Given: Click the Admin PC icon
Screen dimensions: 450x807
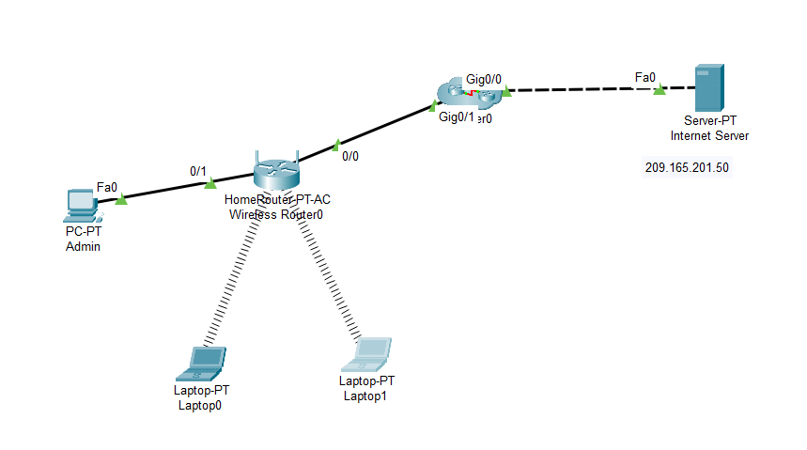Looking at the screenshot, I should click(82, 204).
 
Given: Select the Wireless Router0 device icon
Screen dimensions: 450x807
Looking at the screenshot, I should click(276, 171).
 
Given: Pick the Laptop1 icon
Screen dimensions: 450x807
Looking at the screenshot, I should click(370, 353).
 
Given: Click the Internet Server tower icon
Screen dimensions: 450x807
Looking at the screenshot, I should click(708, 89).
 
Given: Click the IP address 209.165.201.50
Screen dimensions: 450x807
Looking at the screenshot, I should click(687, 168).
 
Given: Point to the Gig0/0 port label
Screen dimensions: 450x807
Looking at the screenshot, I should click(484, 79).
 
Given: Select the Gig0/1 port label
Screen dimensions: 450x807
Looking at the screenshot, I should click(457, 117).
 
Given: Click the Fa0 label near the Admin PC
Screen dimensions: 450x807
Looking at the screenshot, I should click(106, 187).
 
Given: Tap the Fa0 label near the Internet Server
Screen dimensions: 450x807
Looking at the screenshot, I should click(644, 76).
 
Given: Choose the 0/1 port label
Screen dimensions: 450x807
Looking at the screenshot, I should click(198, 171).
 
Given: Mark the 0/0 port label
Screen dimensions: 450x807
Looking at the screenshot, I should click(349, 156).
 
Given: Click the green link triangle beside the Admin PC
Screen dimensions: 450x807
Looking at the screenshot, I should click(120, 199).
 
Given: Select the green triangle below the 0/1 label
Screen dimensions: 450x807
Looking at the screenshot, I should click(210, 182).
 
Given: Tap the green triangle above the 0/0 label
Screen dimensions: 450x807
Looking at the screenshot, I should click(335, 146).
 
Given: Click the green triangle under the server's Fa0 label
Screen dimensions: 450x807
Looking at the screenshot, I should click(660, 89).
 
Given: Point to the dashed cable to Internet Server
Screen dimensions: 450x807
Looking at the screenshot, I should click(582, 90).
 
